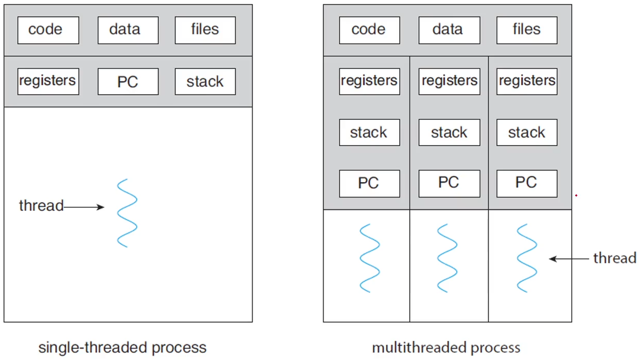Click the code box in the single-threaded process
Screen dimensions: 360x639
click(48, 30)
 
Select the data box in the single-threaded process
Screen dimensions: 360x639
click(128, 30)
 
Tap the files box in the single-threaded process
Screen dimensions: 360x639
click(205, 30)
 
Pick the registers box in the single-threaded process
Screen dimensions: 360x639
click(48, 81)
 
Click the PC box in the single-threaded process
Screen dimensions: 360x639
click(128, 82)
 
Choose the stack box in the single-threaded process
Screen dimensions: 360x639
click(205, 82)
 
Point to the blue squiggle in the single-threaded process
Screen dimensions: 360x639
click(127, 213)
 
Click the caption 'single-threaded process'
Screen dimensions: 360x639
click(122, 348)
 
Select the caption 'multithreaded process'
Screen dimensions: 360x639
click(446, 348)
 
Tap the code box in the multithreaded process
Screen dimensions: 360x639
click(369, 30)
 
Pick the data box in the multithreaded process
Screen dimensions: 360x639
click(449, 30)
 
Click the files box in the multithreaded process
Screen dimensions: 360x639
click(526, 30)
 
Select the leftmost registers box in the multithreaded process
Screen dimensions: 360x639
click(369, 81)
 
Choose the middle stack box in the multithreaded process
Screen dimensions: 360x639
click(449, 133)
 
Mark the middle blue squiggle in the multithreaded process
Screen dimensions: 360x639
click(447, 258)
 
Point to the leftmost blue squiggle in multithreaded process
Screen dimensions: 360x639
click(369, 258)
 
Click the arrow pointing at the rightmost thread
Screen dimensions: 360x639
click(568, 259)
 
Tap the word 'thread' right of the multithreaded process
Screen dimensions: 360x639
click(614, 258)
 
